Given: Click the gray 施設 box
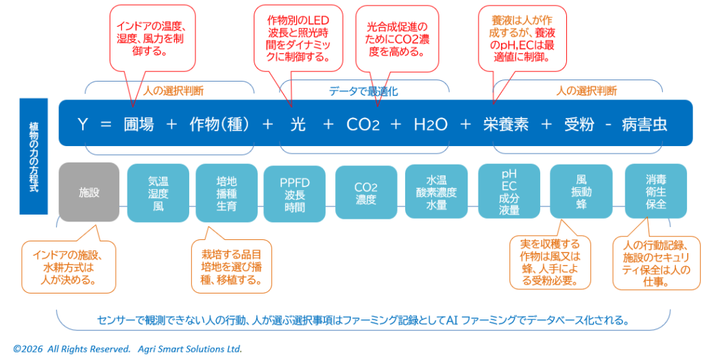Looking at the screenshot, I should coord(89,193).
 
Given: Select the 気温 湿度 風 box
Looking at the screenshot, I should coord(158,193).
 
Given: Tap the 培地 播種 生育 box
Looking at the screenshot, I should coord(226,193).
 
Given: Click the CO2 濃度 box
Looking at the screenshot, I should coord(365,193).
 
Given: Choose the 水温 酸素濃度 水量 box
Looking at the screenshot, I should coord(436,193).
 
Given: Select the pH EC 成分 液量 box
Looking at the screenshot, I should coord(509,193).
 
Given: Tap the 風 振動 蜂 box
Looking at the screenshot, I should coord(581,193).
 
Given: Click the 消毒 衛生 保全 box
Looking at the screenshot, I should coord(655,193).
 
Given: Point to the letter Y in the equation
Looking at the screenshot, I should coord(82,124).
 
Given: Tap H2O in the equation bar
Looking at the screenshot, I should coord(431,124).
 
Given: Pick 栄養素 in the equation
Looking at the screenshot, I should coord(505,124).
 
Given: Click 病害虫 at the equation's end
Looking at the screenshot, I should coord(644,124).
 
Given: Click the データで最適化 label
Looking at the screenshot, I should coord(363,91).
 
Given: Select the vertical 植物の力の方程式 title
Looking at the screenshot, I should coord(34,156).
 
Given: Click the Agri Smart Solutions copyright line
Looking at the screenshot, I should coord(128,348).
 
